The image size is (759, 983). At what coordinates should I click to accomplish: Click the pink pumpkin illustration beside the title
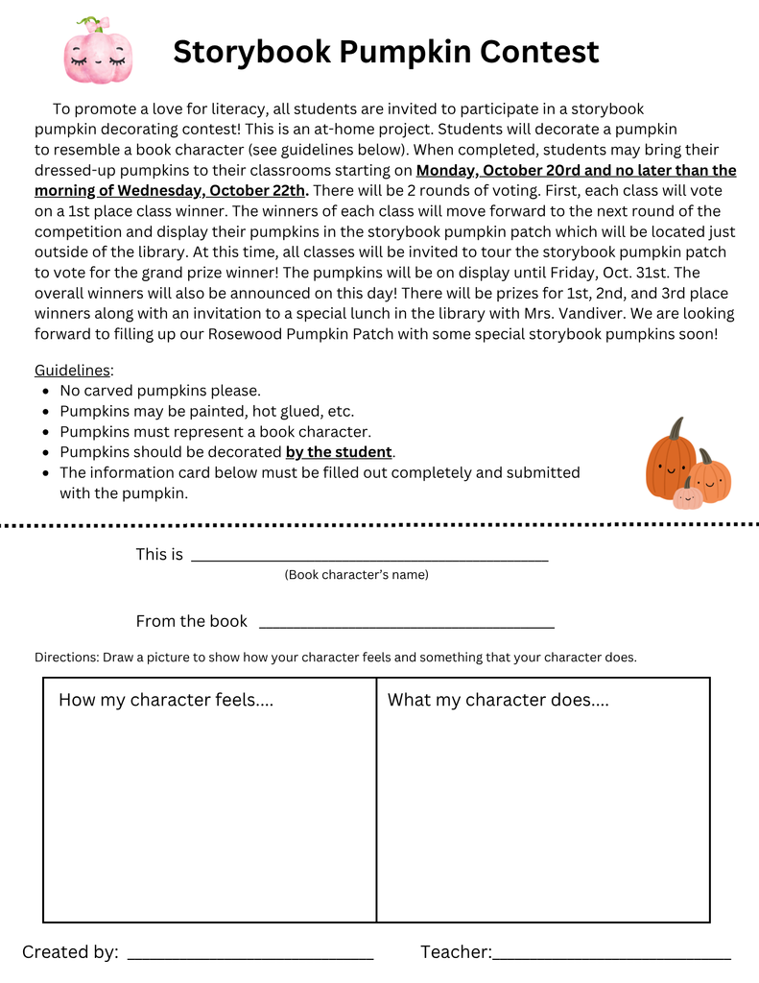point(97,52)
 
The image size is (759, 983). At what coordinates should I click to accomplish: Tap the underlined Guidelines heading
point(72,371)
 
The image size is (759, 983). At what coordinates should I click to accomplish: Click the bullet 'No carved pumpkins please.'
point(159,391)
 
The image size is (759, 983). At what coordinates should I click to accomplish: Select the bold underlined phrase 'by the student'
point(339,452)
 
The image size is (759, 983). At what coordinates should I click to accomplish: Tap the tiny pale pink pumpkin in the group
point(687,495)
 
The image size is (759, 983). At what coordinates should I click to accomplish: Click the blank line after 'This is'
point(369,555)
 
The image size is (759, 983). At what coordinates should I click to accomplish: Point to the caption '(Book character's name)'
point(356,575)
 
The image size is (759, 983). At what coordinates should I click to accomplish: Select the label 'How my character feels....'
point(166,700)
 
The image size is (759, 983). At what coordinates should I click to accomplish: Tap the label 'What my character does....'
point(497,700)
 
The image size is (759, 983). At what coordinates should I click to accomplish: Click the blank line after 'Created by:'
point(249,953)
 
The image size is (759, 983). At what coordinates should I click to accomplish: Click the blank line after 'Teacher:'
point(611,953)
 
